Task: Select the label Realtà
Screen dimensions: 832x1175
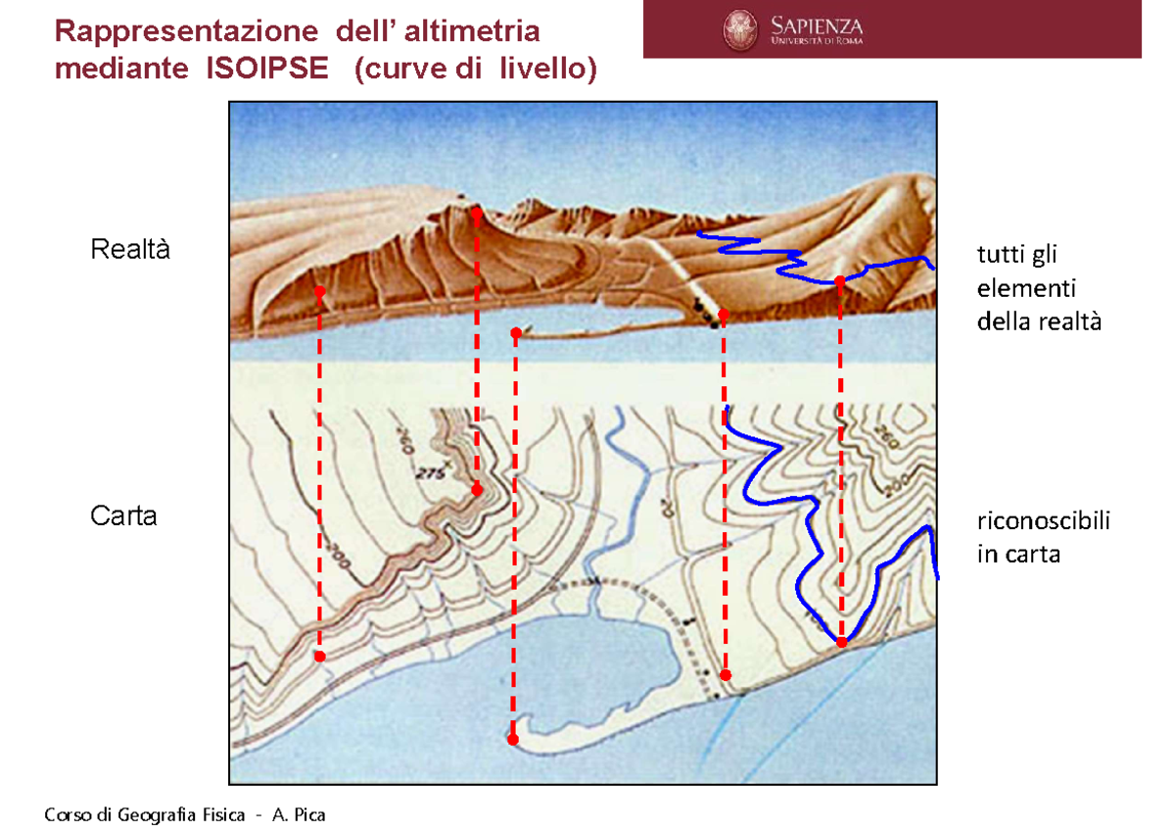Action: [130, 250]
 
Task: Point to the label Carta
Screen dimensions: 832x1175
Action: [123, 515]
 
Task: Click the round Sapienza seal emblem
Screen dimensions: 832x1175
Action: [741, 29]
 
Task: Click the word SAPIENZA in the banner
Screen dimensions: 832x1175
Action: [817, 24]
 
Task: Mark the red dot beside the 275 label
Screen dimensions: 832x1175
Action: [477, 489]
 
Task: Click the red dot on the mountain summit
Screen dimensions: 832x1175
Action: [476, 212]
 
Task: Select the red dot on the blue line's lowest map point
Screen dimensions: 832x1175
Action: [841, 641]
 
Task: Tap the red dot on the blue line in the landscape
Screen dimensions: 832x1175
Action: [840, 281]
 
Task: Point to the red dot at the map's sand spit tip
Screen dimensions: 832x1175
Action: [513, 740]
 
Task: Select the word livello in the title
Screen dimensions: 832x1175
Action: [543, 70]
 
